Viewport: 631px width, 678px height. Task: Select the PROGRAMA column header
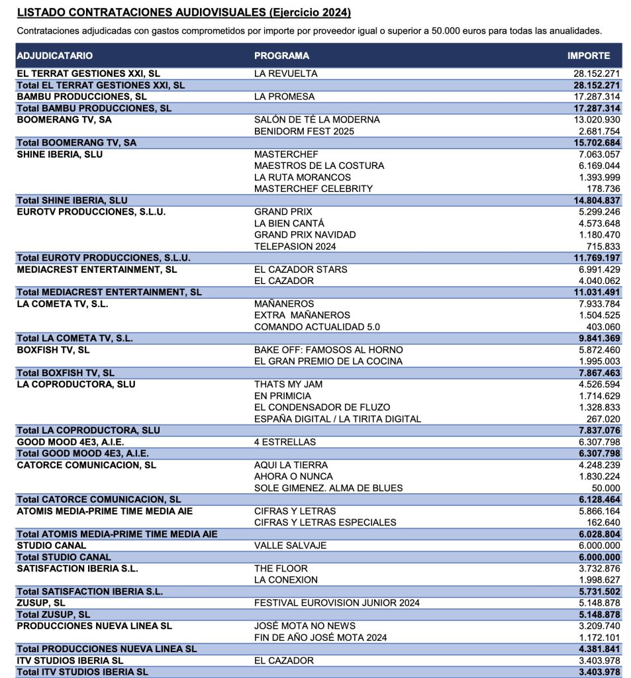point(281,56)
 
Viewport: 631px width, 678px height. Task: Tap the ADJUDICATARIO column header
point(55,56)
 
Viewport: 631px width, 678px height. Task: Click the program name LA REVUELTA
point(286,73)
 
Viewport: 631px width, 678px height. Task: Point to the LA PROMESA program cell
point(284,97)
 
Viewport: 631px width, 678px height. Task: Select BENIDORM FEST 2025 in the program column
point(304,131)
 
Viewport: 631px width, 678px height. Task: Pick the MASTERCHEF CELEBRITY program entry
point(313,189)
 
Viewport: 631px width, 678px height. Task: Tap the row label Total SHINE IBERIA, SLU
point(72,200)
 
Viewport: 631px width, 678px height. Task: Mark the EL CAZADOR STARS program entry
point(301,269)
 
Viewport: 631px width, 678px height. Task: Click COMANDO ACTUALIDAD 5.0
point(317,326)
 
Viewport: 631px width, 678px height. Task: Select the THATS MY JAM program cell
point(289,384)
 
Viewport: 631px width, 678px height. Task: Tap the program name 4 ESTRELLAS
point(285,442)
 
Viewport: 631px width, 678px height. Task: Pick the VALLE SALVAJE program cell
point(290,546)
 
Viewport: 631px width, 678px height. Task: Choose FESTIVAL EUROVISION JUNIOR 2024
point(336,603)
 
